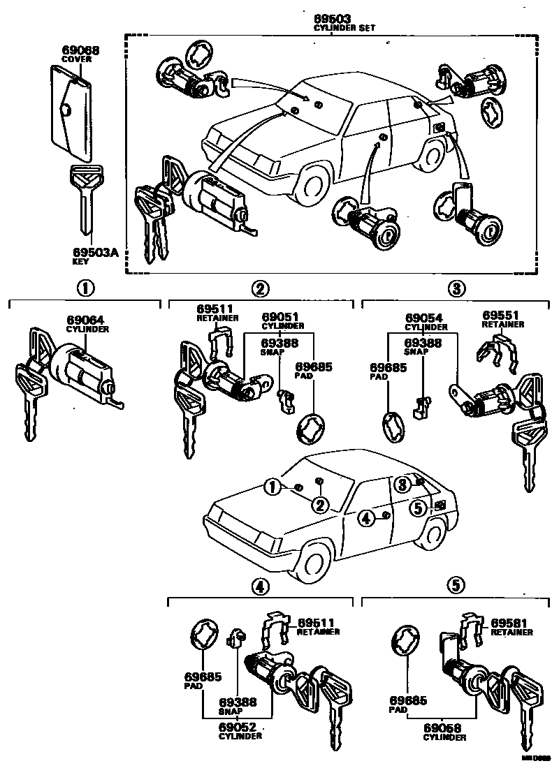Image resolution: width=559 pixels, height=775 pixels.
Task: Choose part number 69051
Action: pos(277,318)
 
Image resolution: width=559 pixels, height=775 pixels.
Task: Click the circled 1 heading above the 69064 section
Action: pos(85,288)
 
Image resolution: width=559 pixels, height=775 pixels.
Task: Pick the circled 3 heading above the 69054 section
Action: pos(456,288)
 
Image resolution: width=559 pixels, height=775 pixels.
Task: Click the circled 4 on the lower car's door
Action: pos(366,517)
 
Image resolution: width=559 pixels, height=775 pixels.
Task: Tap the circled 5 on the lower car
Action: pos(418,509)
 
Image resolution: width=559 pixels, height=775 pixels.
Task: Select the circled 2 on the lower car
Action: pos(319,505)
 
